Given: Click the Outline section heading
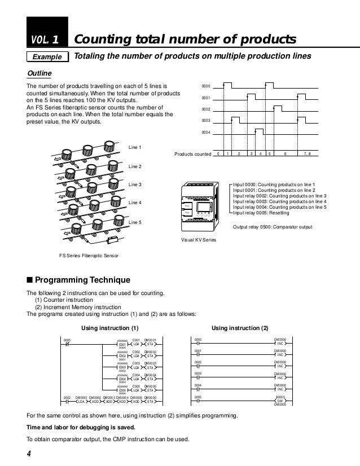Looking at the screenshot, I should (x=39, y=74).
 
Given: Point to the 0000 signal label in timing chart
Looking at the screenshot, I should (x=207, y=86).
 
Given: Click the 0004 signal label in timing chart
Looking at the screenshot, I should (x=207, y=132).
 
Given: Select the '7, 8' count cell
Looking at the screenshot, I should (x=307, y=153).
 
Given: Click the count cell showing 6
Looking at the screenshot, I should (x=286, y=153).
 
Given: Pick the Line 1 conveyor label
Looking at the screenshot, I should (x=135, y=147).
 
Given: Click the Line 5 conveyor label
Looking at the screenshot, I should (x=135, y=223).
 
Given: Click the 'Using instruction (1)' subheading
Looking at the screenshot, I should (x=110, y=328).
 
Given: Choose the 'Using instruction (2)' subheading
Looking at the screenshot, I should (x=240, y=328).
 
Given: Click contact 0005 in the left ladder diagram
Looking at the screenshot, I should (x=67, y=343).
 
